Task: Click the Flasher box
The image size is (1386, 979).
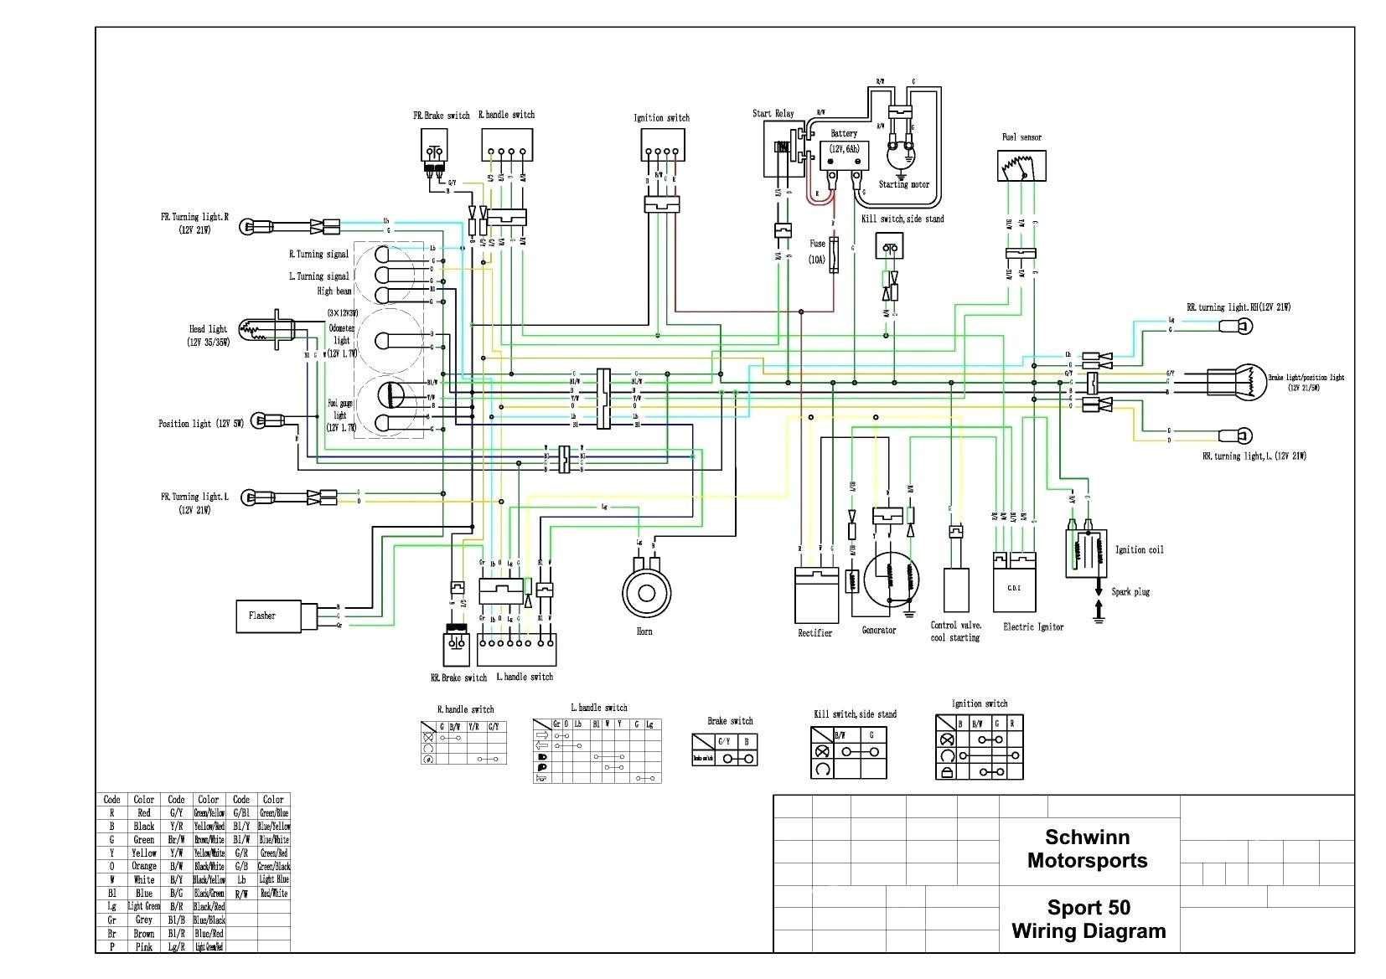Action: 268,616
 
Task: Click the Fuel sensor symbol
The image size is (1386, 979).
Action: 1021,166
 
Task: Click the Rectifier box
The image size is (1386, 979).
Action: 816,595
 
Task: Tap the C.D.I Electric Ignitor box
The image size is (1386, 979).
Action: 1014,587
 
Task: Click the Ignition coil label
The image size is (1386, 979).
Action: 1139,550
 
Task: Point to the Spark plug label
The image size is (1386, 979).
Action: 1130,592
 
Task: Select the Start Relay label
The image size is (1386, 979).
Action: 773,114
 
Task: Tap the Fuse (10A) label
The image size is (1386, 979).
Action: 817,251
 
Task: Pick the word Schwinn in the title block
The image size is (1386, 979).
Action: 1087,837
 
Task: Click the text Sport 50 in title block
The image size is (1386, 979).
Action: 1088,908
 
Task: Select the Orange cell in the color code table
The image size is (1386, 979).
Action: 144,866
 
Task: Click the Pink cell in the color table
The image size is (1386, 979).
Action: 144,946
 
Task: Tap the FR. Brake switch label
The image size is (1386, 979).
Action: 441,116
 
